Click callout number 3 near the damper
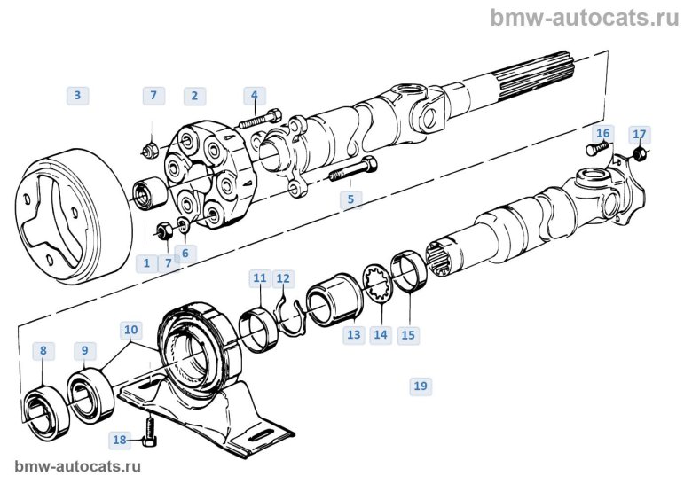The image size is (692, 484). tap(77, 95)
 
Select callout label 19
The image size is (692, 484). tap(421, 386)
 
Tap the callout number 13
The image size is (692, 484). tap(354, 335)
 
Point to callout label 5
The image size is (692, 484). tap(350, 199)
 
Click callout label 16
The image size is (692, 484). tap(602, 134)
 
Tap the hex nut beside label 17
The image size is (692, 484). tap(639, 156)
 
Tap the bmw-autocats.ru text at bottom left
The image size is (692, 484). tap(78, 465)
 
